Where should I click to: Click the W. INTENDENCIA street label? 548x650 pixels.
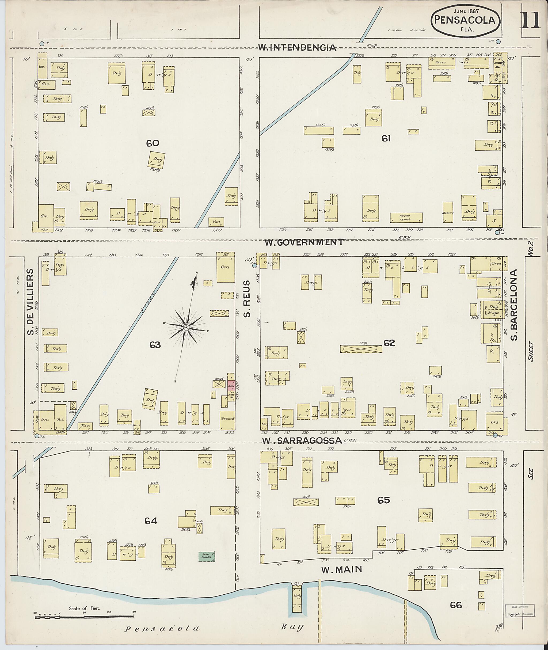point(298,48)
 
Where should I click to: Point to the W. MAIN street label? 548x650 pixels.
point(342,569)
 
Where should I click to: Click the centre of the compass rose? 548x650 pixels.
point(186,328)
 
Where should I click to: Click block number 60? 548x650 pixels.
point(153,143)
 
